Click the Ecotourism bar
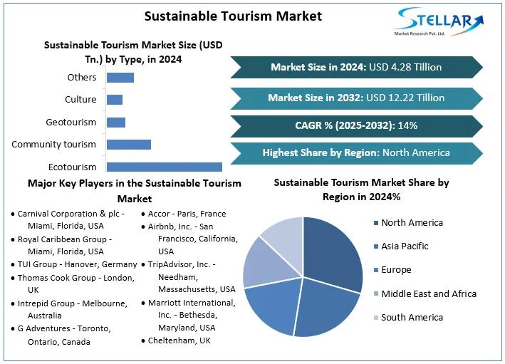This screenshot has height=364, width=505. tap(164, 167)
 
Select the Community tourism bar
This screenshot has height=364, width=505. tap(128, 145)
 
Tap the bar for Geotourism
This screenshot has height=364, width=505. tap(115, 123)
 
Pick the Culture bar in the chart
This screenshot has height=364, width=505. tap(114, 100)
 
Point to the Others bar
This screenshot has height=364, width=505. tap(120, 77)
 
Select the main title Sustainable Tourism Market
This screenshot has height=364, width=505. tap(233, 16)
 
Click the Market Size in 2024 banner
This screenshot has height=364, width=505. tap(356, 67)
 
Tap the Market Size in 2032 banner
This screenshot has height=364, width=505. tap(356, 98)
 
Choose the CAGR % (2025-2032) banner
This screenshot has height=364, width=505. tap(356, 125)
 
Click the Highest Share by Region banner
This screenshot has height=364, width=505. tap(356, 152)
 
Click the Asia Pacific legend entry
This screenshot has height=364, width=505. tap(405, 246)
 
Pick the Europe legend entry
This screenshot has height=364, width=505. tap(396, 270)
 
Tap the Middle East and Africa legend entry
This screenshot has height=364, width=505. tap(428, 293)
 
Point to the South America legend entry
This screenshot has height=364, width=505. tap(412, 318)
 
